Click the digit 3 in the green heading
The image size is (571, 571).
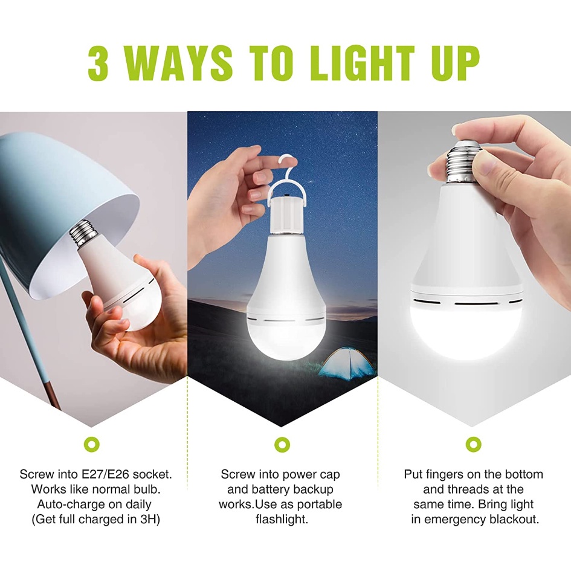pos(98,63)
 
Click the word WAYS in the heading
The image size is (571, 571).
pos(181,63)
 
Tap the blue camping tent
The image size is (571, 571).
pos(346,363)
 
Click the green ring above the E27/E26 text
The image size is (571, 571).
pos(91,444)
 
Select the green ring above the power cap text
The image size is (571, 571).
pos(282,444)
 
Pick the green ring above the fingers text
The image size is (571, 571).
pos(473,444)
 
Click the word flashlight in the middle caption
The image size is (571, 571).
pos(282,519)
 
